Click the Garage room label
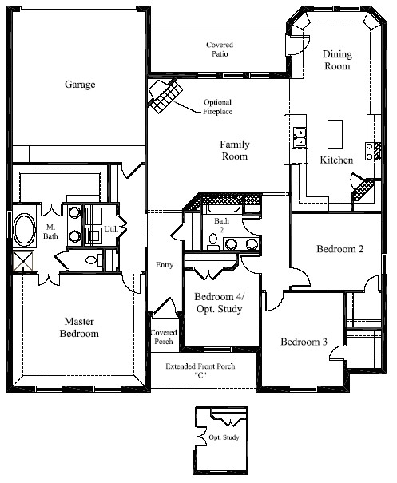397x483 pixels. coord(79,84)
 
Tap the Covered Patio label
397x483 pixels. coord(219,50)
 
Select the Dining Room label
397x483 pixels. coord(336,61)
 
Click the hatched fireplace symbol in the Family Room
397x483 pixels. coord(165,98)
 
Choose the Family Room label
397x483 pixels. coord(236,150)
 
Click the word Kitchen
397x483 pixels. coord(336,160)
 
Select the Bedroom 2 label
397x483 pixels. coord(339,249)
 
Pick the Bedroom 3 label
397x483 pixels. coord(304,342)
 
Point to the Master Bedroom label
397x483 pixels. coord(81,327)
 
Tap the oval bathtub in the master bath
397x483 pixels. coord(23,231)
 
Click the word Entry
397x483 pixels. coord(164,266)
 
